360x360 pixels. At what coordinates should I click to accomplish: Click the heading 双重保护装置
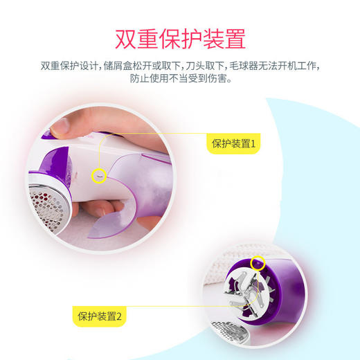point(179,35)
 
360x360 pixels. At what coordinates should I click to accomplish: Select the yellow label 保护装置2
point(100,317)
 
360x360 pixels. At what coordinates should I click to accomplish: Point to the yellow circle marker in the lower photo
point(258,263)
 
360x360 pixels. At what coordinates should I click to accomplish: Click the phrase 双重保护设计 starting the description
point(70,66)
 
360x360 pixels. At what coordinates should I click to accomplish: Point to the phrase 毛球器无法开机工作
point(280,66)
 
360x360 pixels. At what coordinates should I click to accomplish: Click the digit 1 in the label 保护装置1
point(253,145)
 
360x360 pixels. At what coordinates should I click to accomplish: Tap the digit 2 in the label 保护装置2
point(118,317)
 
